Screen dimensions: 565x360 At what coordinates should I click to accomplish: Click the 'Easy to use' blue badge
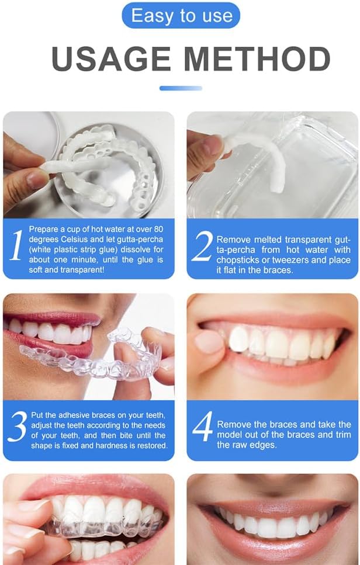pyautogui.click(x=180, y=15)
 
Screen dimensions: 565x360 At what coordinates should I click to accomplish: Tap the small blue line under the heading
pyautogui.click(x=181, y=88)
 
